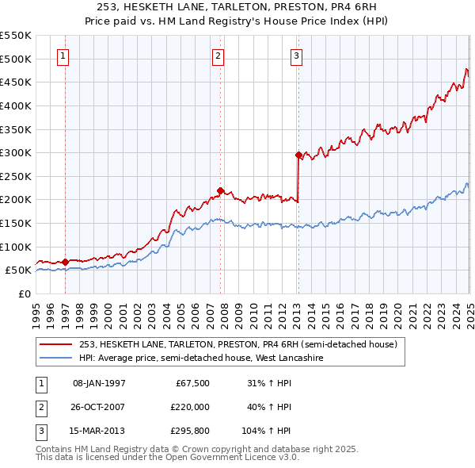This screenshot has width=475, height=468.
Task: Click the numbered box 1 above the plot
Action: (63, 56)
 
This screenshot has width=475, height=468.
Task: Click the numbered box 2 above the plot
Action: (218, 56)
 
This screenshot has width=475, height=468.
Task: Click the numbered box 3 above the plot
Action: (295, 56)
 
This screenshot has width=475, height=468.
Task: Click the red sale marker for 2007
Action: (220, 190)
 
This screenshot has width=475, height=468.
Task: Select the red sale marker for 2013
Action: (298, 155)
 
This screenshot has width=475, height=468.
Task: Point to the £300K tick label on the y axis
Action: (16, 152)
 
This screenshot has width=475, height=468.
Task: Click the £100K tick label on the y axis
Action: (16, 247)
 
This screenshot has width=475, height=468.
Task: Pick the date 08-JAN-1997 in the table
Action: (99, 383)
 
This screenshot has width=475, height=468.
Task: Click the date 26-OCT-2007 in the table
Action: (99, 407)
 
